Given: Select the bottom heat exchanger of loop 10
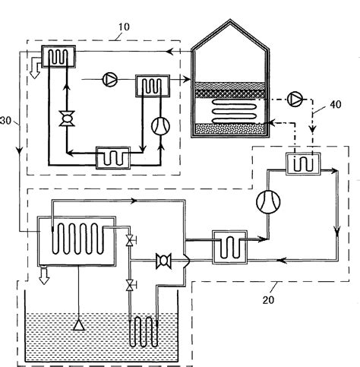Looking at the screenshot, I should (112, 157).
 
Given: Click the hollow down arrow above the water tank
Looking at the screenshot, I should (43, 274).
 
